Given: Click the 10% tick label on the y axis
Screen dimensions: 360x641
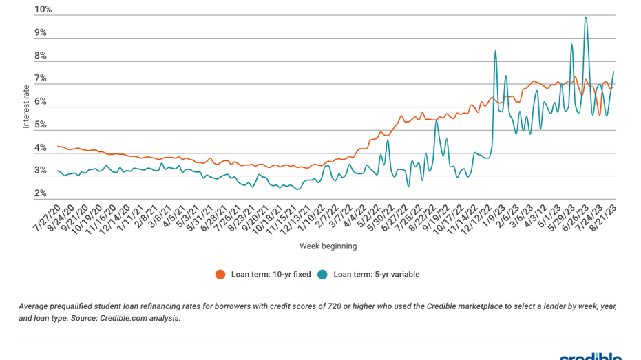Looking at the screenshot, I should click(43, 10).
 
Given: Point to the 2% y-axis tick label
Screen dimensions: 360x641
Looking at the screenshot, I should click(41, 194).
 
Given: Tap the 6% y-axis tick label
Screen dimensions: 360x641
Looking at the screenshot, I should click(41, 102).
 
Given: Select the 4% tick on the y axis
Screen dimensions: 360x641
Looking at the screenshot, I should click(41, 148).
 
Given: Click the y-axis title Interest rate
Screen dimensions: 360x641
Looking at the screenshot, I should click(26, 106).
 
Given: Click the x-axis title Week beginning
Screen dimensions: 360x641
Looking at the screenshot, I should click(328, 246).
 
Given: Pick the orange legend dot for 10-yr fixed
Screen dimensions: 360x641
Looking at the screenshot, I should click(220, 274).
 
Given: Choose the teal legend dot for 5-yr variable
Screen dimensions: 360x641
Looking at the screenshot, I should click(323, 274).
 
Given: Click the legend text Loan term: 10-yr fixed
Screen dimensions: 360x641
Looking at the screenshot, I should click(271, 274).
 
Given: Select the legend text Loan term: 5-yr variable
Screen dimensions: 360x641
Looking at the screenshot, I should click(376, 274).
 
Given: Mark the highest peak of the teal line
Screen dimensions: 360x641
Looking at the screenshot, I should click(585, 17).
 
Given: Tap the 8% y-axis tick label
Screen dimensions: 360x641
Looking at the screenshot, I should click(41, 56).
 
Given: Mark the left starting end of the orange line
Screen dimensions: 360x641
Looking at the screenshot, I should click(57, 146).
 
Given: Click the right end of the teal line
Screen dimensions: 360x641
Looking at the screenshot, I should click(613, 72).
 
